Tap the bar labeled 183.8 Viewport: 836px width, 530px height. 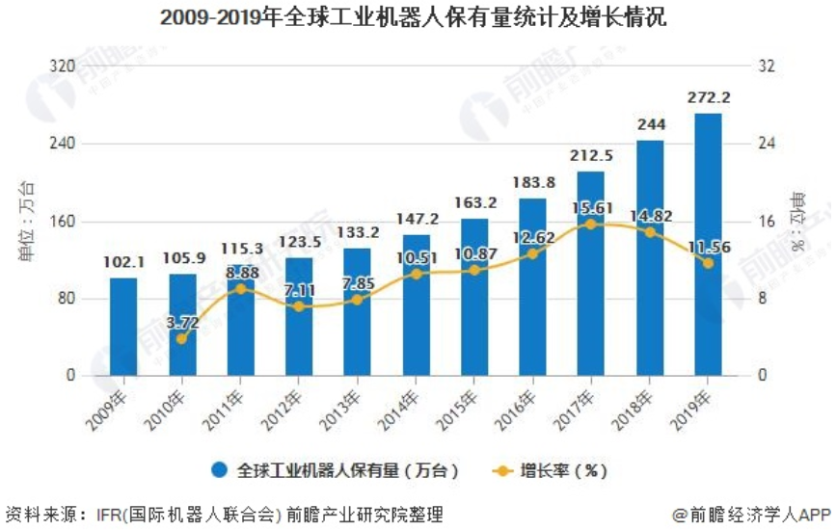tap(532, 286)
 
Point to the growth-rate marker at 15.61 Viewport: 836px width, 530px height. tap(591, 224)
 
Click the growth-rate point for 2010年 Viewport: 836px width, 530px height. tap(181, 338)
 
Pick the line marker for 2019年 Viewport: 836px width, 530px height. tap(708, 263)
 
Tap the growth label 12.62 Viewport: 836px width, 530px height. tap(533, 238)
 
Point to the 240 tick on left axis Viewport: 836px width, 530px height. tap(72, 144)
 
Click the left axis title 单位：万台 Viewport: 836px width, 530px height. tap(26, 221)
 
